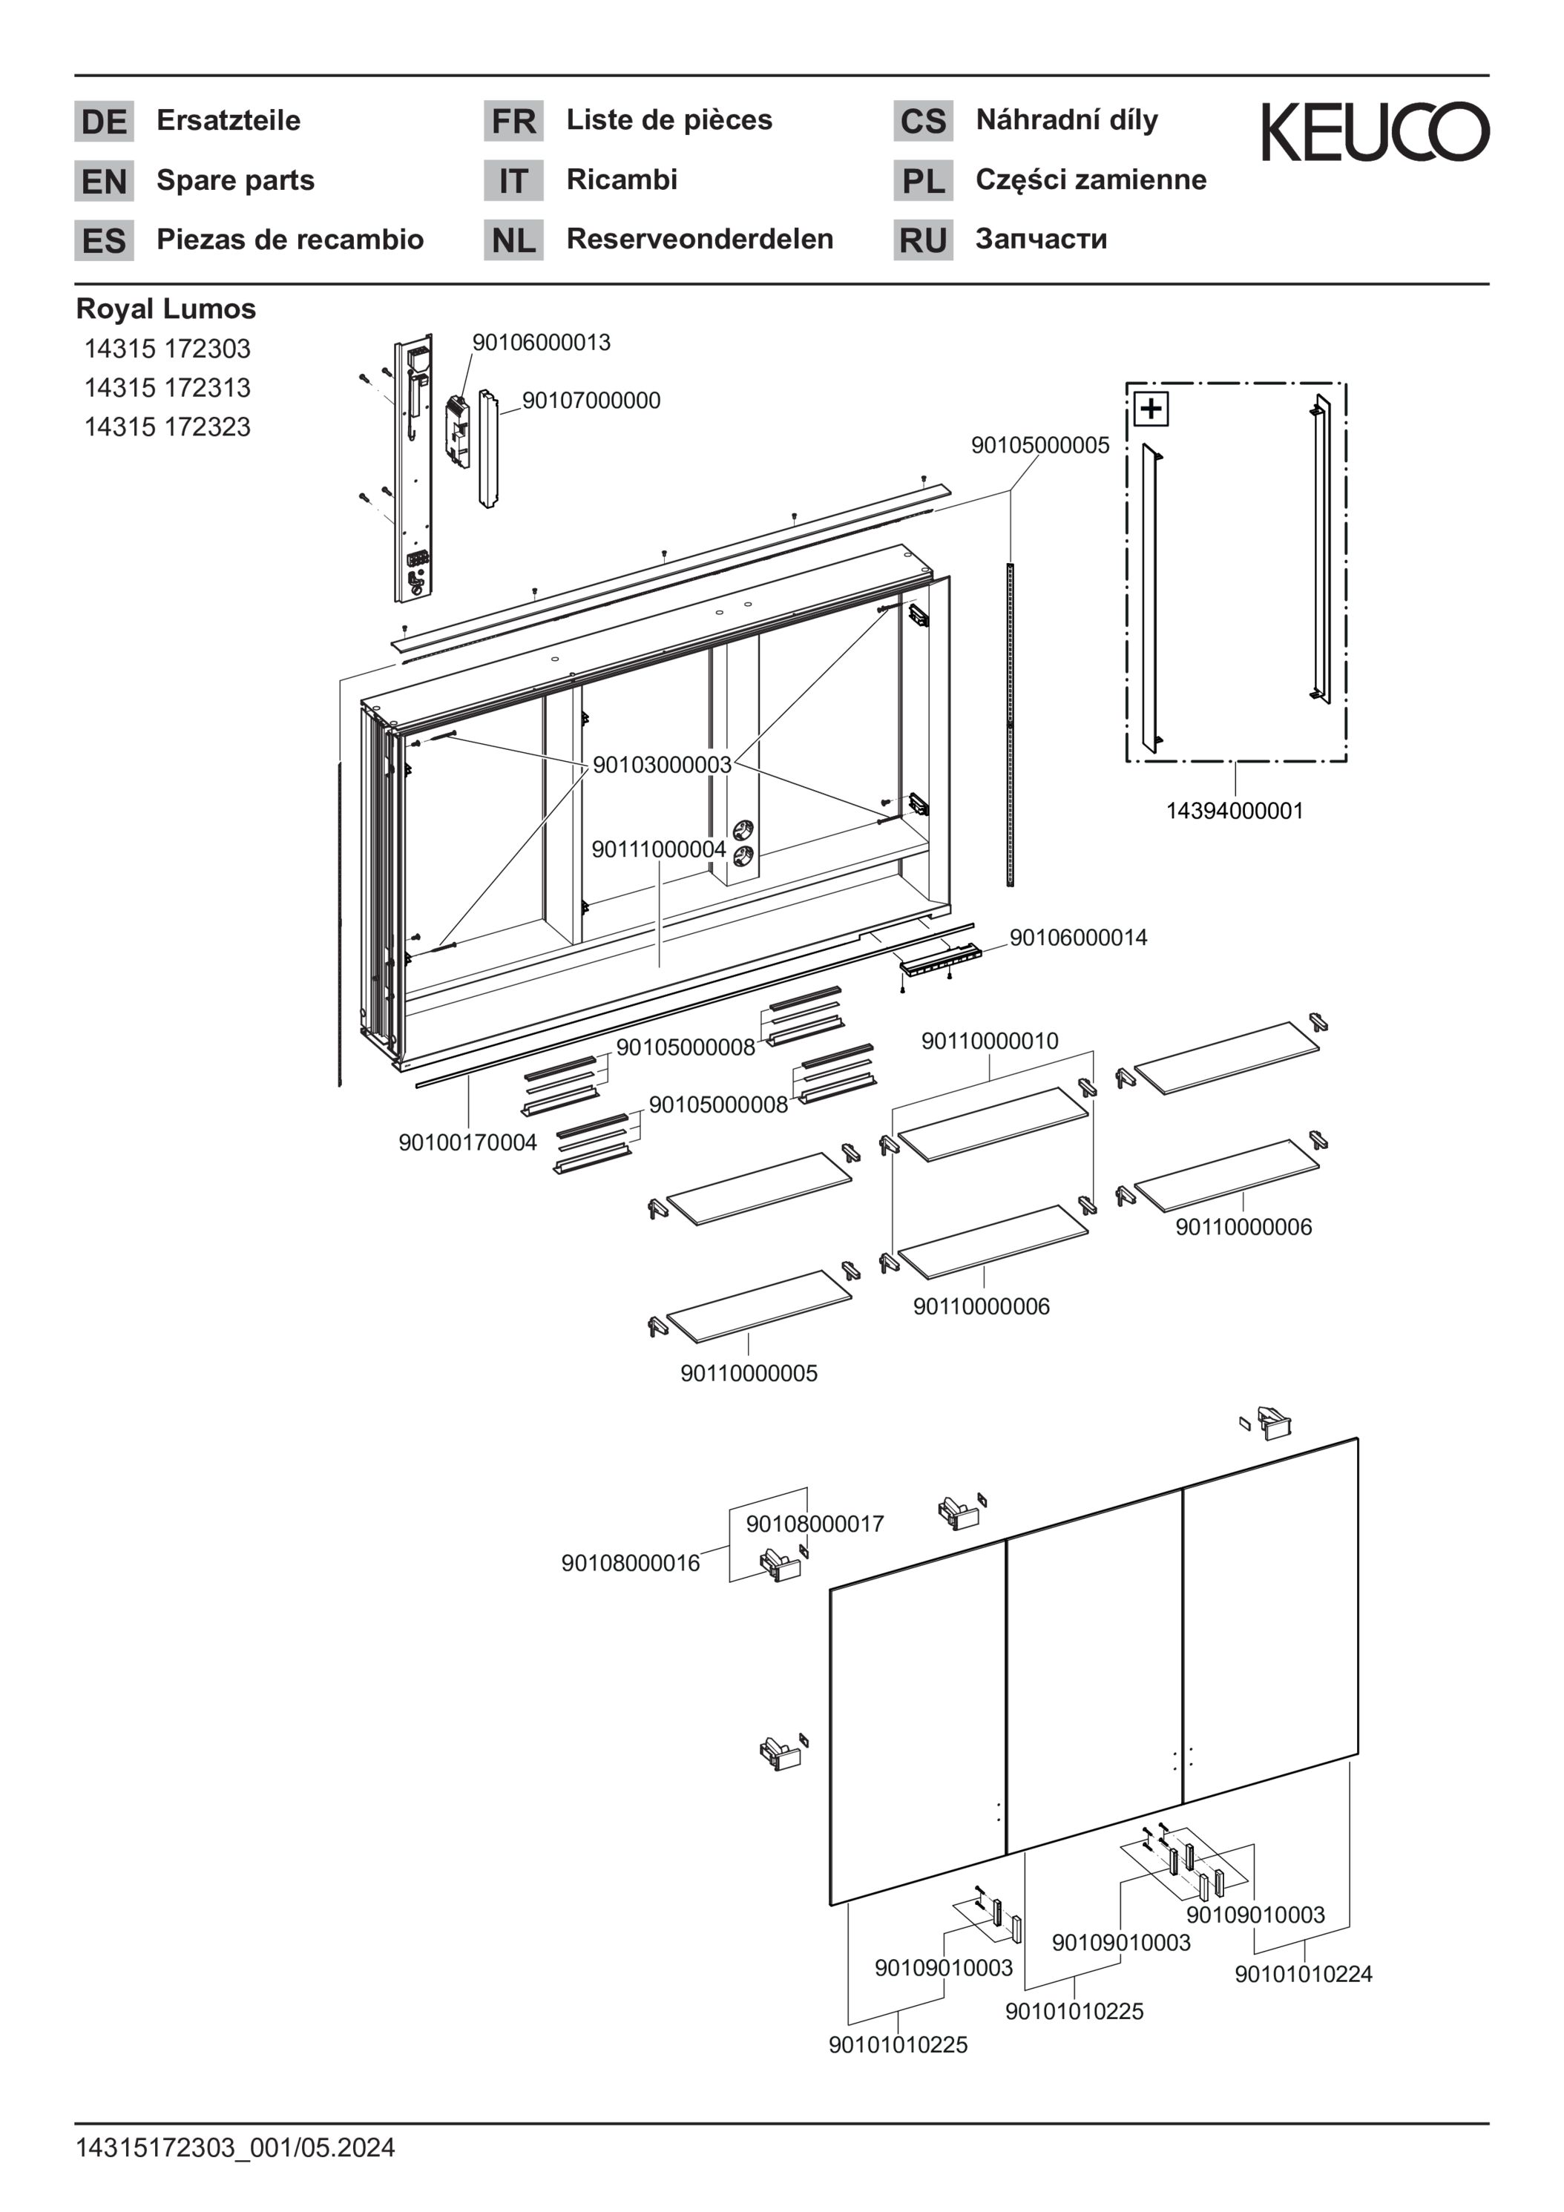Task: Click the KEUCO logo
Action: [x=1374, y=131]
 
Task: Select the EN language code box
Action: [x=104, y=181]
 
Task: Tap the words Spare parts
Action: [x=235, y=180]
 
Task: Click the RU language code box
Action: [x=922, y=240]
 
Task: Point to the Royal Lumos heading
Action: [x=165, y=309]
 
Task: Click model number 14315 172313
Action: [x=167, y=387]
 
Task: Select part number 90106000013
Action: [x=541, y=343]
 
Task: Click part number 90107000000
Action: [x=591, y=401]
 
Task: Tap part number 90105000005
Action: [x=1039, y=445]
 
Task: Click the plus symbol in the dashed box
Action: [x=1151, y=409]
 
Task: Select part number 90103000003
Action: [x=662, y=765]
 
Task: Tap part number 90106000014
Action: [x=1078, y=938]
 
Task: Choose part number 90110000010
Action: [x=990, y=1041]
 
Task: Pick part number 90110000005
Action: [x=749, y=1373]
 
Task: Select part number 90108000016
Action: [x=630, y=1563]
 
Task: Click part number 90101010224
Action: [x=1303, y=1974]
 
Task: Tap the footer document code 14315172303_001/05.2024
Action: [x=235, y=2147]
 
